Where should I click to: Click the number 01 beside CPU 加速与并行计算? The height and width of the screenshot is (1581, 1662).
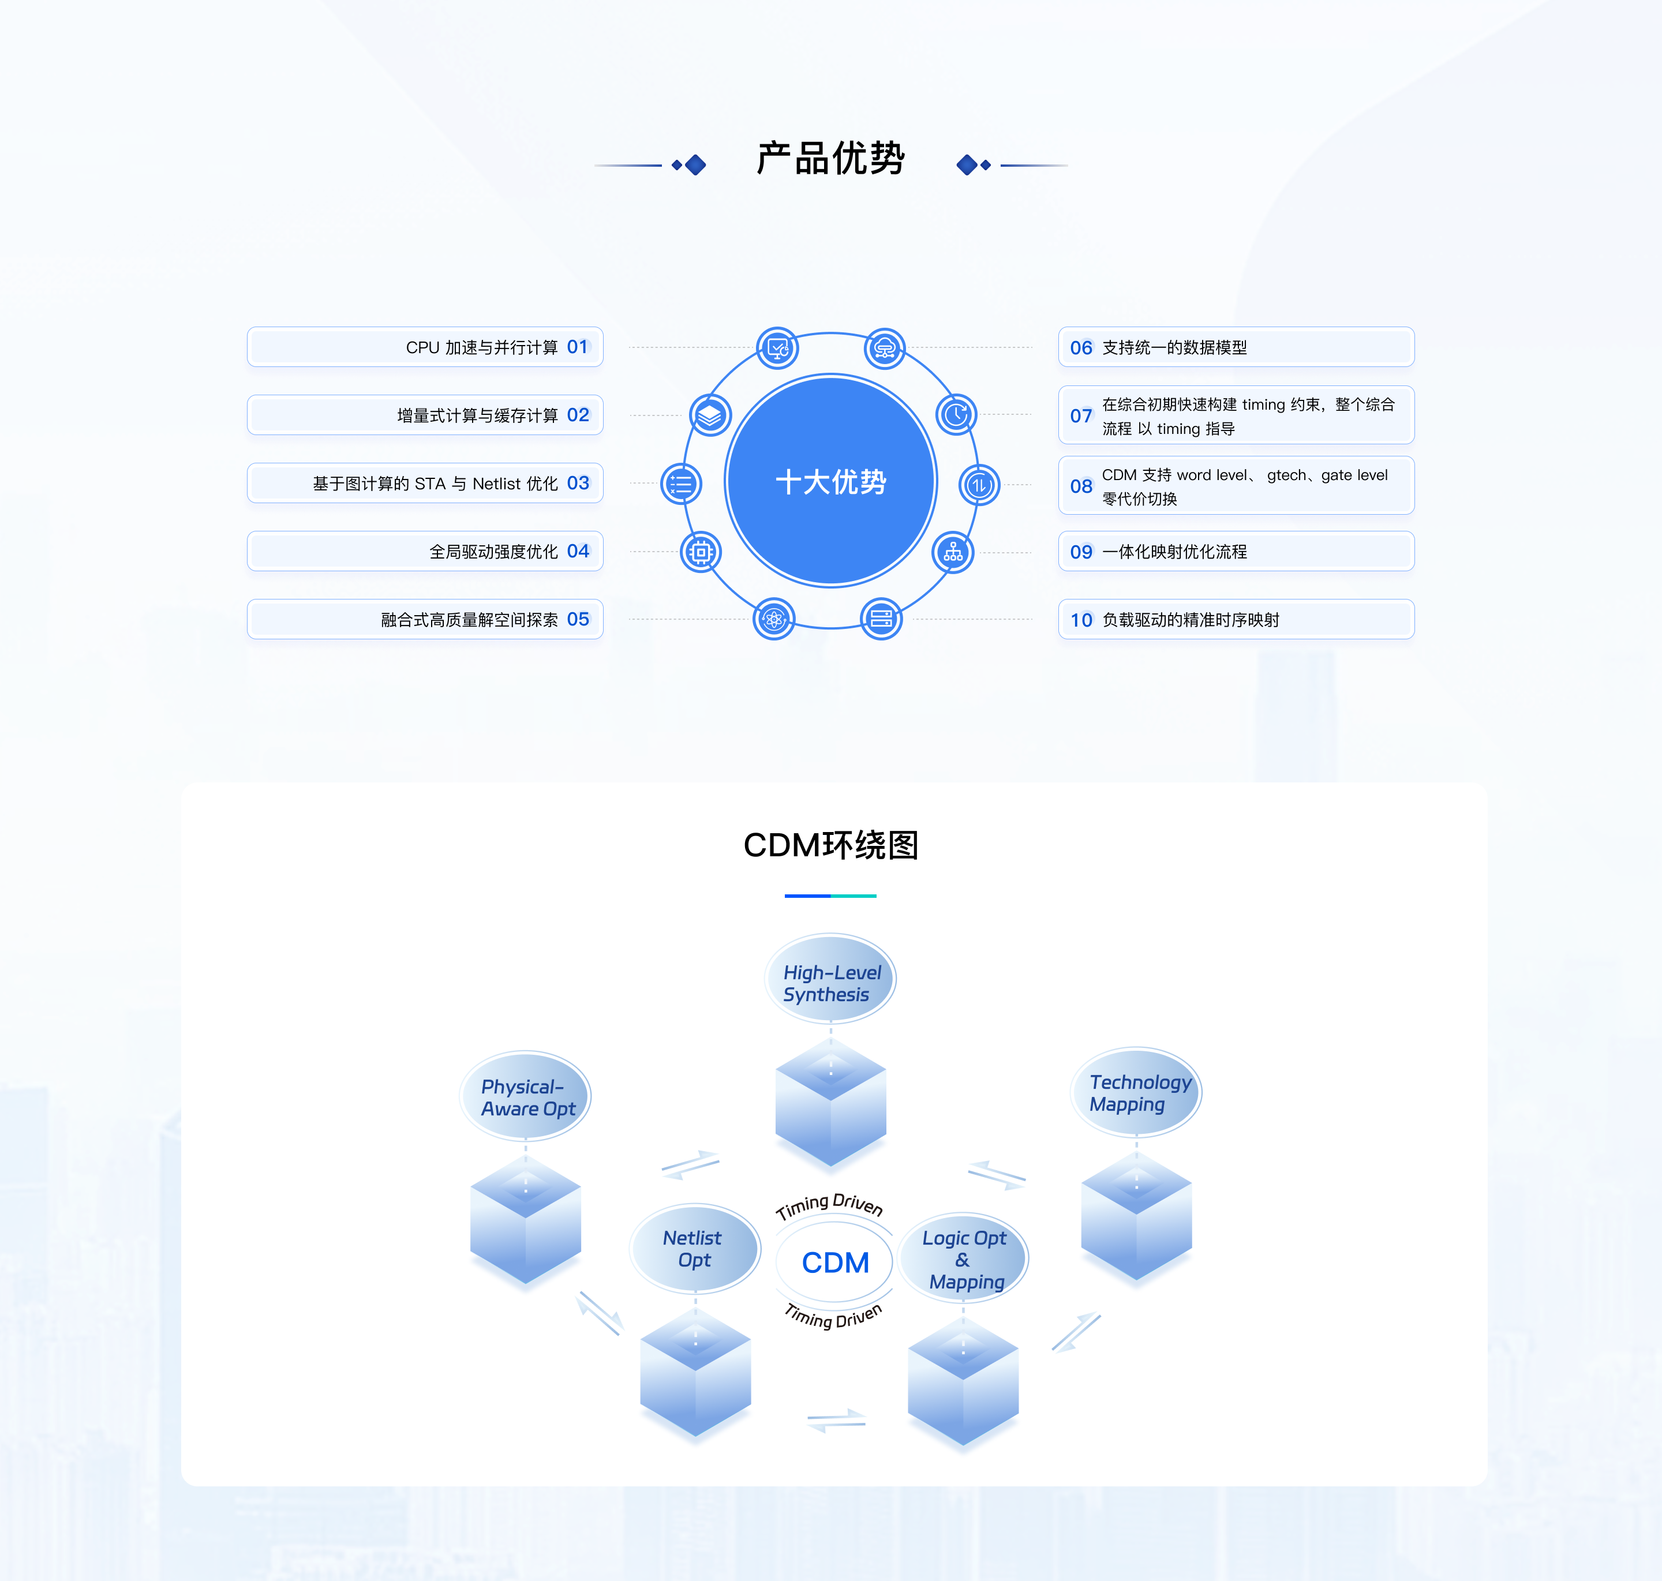577,347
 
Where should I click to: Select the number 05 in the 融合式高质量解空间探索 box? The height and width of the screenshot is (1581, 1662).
578,620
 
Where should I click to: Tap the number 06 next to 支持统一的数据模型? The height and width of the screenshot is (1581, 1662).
1081,348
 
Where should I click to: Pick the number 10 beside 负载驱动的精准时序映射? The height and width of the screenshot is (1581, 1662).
1081,620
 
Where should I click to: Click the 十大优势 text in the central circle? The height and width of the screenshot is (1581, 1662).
831,482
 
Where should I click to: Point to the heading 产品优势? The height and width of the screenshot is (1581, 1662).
831,159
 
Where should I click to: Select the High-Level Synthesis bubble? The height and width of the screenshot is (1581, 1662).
830,979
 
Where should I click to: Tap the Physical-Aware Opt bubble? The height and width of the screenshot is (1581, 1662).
525,1096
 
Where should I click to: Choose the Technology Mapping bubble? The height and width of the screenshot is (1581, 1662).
1136,1092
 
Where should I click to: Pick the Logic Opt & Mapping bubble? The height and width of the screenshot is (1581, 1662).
963,1259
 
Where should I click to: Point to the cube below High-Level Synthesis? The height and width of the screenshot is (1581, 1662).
830,1102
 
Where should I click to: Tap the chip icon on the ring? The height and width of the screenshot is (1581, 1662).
701,553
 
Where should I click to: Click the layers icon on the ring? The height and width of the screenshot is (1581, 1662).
710,415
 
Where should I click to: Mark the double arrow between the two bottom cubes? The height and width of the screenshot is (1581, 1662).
836,1421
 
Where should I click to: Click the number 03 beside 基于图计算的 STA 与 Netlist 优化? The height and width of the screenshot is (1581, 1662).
578,483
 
